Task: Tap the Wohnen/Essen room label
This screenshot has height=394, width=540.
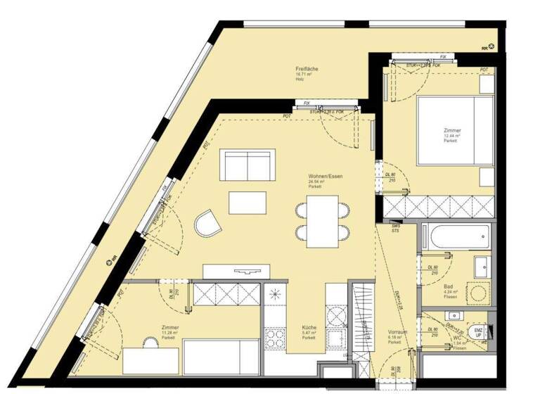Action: click(x=324, y=175)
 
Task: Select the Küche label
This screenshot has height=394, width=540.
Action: click(x=309, y=328)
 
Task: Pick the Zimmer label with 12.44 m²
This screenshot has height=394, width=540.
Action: click(x=452, y=131)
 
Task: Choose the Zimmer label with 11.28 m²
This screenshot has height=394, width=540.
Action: click(x=169, y=328)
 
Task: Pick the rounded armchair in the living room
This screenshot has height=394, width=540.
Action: click(x=208, y=224)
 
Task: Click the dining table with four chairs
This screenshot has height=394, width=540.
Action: click(x=323, y=219)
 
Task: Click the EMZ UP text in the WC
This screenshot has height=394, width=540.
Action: click(x=478, y=332)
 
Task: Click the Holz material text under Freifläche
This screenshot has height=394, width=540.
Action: click(x=300, y=80)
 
